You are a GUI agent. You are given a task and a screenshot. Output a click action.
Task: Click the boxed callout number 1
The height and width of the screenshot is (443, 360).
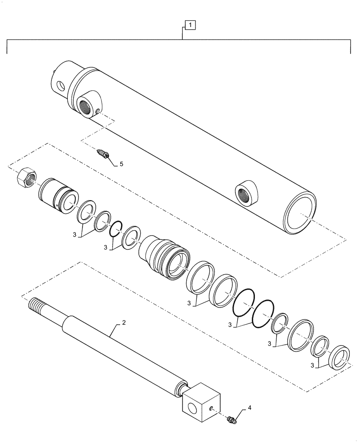pos(189,26)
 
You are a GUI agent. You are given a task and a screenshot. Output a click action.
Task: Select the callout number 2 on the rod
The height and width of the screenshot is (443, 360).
pos(124,323)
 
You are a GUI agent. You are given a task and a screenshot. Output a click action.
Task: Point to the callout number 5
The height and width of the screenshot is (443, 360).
pos(121,164)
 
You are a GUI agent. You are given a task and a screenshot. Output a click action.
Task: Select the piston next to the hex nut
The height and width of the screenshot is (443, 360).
pos(58,195)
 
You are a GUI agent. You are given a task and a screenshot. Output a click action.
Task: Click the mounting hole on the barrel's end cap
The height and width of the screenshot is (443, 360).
pos(59,85)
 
